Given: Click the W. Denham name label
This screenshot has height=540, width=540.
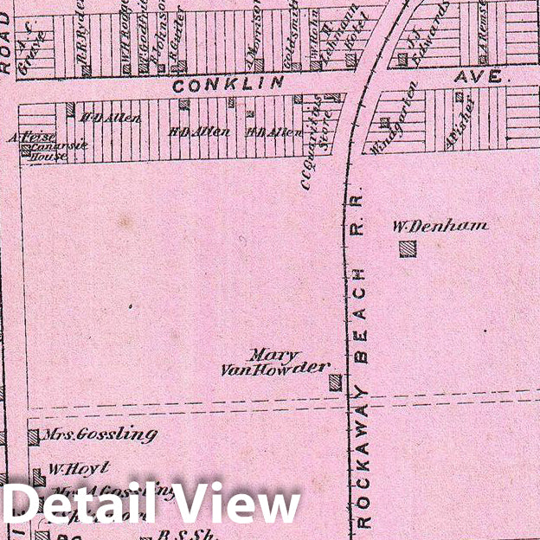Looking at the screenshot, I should click(x=440, y=227).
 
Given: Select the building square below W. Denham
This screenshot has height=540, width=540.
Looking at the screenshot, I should click(x=407, y=249).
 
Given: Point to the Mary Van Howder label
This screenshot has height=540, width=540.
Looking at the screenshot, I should click(x=273, y=363).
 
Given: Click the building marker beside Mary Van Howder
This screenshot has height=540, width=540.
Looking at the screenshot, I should click(x=335, y=382).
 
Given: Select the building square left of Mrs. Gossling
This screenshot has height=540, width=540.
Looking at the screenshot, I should click(x=33, y=437).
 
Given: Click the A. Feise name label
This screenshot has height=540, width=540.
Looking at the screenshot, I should click(x=33, y=137).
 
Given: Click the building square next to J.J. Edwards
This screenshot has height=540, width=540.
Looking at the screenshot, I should click(x=402, y=60).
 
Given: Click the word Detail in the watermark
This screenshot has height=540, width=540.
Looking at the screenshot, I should click(x=80, y=505).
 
